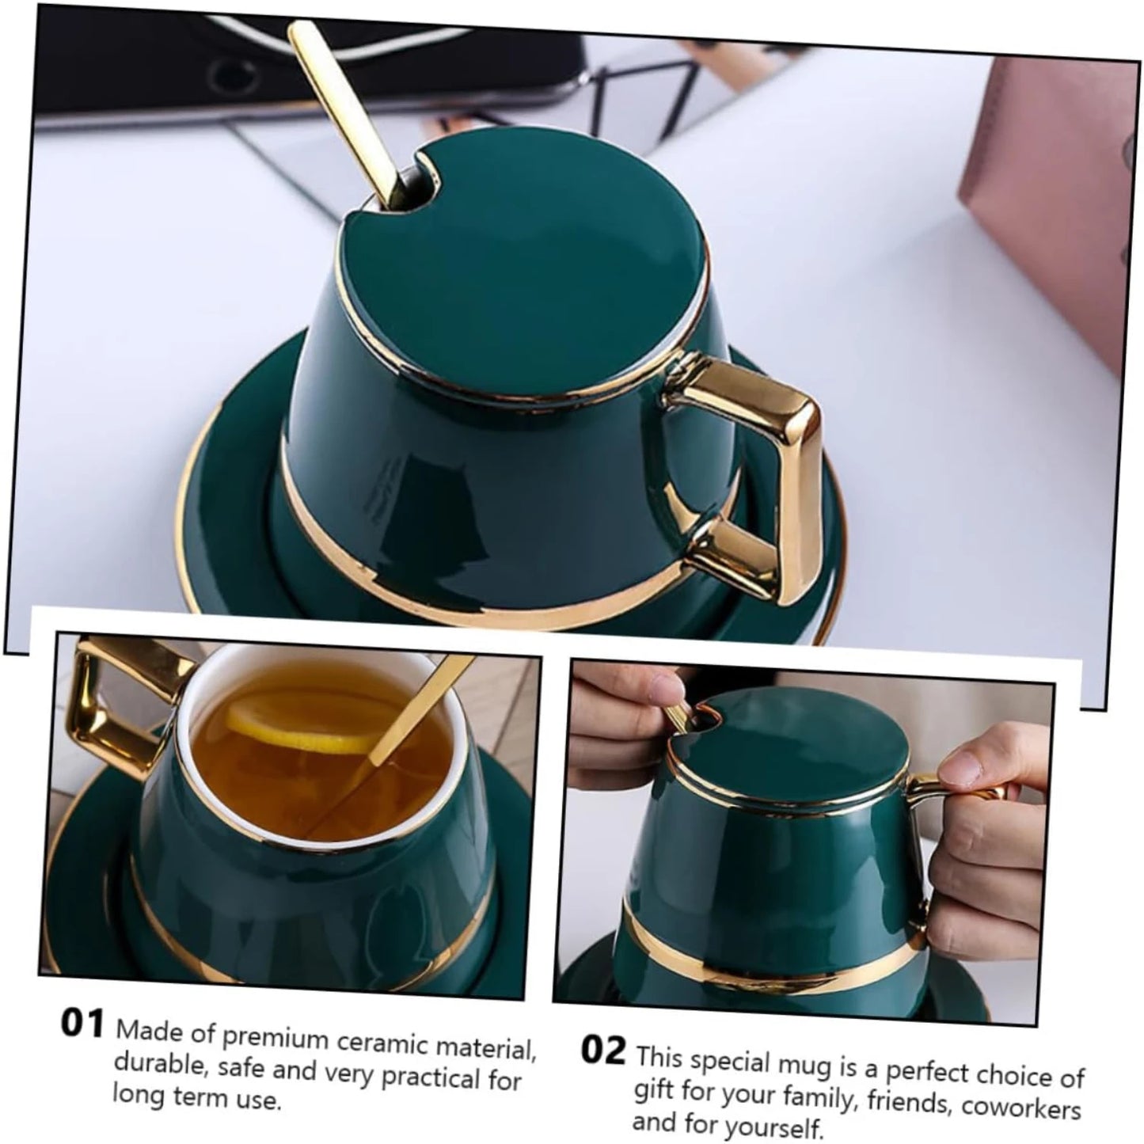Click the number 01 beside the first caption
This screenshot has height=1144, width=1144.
click(x=82, y=1024)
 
